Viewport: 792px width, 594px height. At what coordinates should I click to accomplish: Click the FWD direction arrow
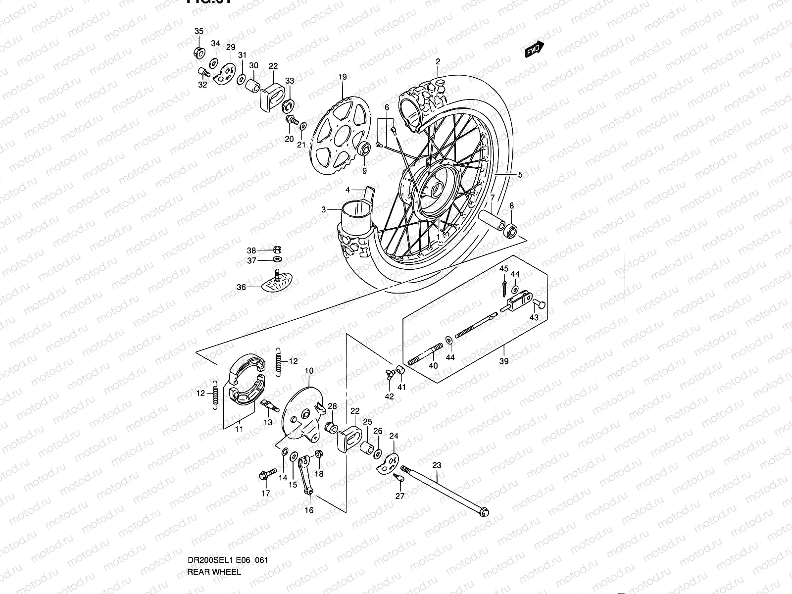[535, 49]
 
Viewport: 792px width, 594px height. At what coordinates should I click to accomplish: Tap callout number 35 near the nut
[198, 32]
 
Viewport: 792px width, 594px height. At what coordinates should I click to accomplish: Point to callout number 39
[503, 361]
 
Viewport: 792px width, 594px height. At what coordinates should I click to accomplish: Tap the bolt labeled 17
[264, 475]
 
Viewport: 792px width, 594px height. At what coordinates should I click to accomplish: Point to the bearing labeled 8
[510, 230]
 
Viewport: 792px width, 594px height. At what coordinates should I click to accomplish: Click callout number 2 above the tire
[438, 62]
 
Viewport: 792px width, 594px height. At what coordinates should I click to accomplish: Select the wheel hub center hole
[438, 189]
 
